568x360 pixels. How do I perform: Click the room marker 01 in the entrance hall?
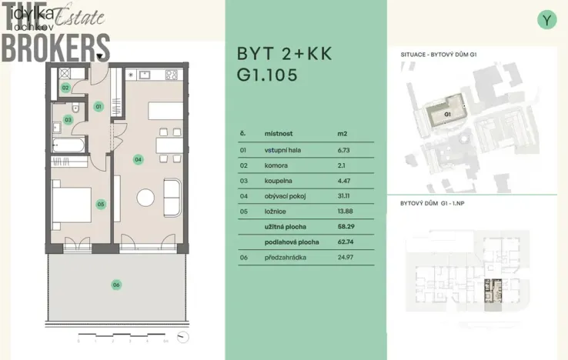99,107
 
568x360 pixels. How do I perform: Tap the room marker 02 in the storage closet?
66,88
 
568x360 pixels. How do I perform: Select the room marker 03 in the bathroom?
68,120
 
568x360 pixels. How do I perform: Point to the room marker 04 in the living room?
138,159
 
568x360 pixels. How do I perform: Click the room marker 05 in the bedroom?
100,205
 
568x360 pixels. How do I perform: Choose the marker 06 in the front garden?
115,285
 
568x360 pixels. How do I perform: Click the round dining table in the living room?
145,198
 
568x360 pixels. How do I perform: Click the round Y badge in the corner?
546,20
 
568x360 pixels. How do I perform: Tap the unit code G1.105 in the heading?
266,76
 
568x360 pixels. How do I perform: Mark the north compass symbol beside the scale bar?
182,336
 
